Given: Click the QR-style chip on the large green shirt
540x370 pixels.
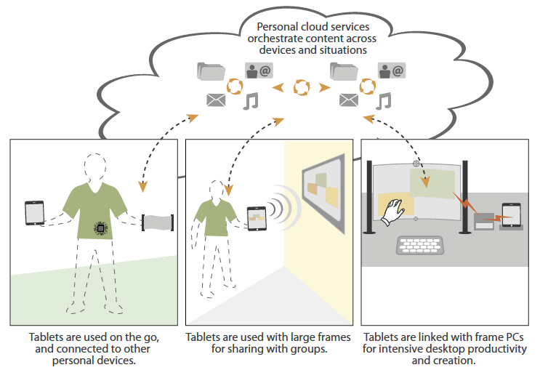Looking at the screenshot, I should tap(101, 228).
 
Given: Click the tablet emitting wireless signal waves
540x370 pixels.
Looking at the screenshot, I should tap(257, 218).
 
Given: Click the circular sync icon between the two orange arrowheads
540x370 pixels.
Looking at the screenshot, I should tap(301, 88).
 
